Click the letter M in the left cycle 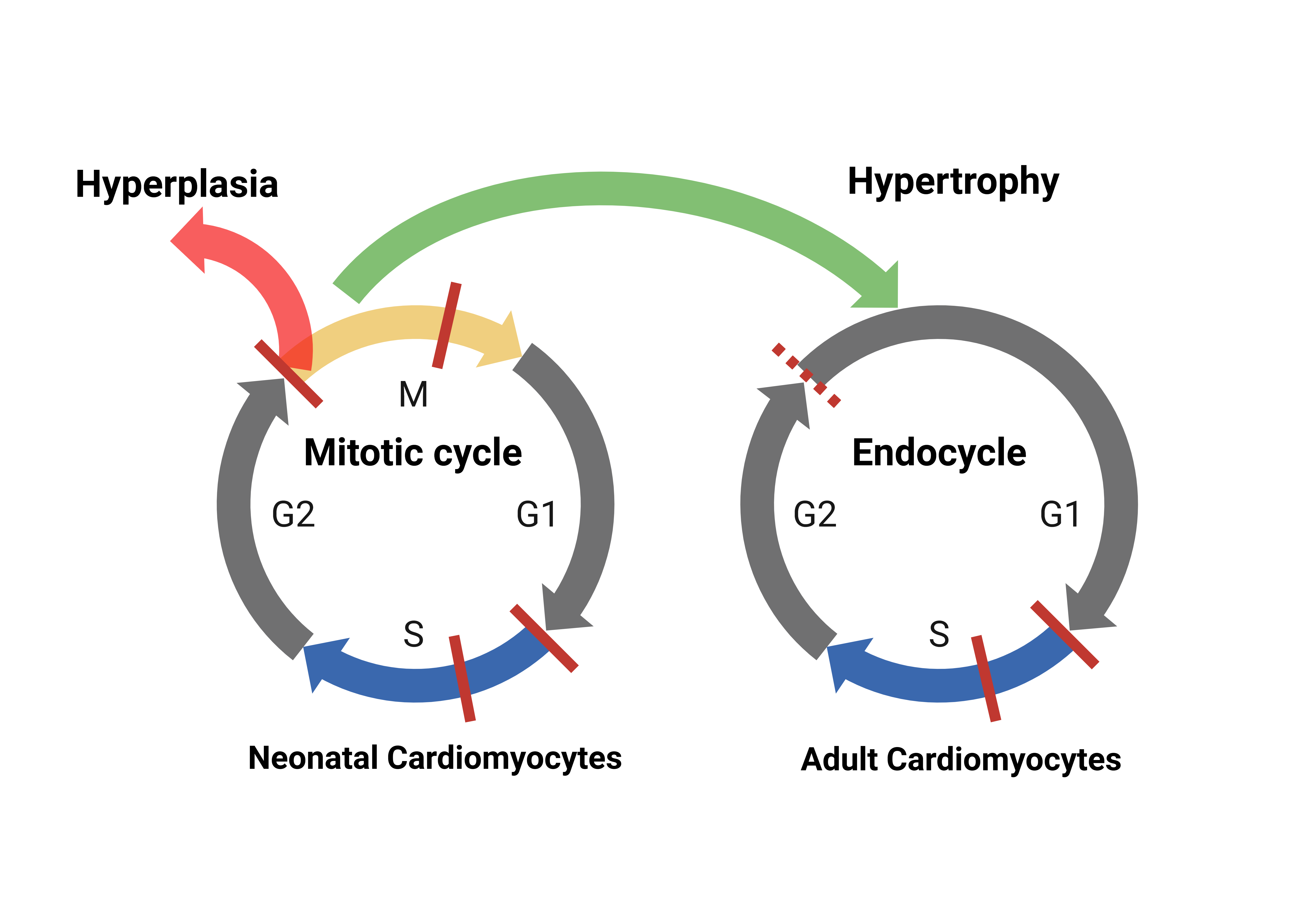click(413, 394)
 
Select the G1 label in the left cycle click(536, 514)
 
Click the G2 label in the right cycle click(815, 514)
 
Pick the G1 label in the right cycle click(1060, 514)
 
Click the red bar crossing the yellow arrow click(446, 326)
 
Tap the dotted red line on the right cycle click(806, 374)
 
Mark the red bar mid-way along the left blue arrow click(462, 679)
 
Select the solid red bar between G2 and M click(289, 373)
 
